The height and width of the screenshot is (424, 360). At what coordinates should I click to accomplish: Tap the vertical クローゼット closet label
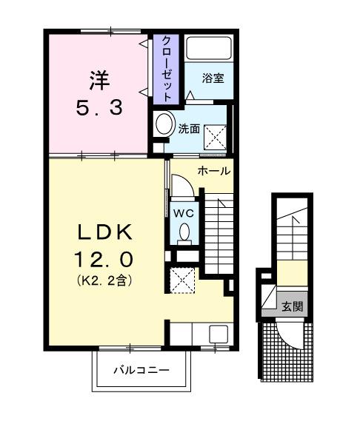point(167,67)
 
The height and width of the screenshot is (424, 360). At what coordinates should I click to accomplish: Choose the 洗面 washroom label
point(189,128)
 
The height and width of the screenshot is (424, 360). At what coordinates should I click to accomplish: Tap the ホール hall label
point(214,171)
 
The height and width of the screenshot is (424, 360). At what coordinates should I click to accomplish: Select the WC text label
point(184,213)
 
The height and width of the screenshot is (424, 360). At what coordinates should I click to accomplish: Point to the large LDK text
point(106,232)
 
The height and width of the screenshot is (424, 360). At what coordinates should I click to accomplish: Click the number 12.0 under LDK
point(106,260)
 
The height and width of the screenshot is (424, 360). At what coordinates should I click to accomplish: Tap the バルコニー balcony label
point(141,369)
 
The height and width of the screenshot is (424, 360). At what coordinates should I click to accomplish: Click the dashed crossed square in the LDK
point(179,281)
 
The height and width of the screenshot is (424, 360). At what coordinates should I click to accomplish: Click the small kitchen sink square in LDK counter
point(219,334)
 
